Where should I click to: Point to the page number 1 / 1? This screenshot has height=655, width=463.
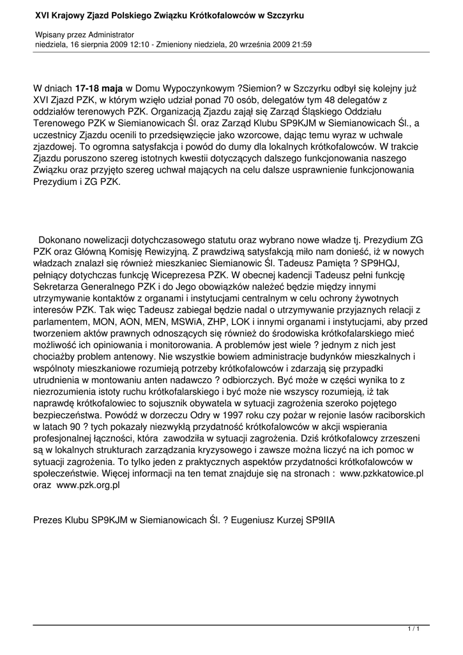(413, 630)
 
